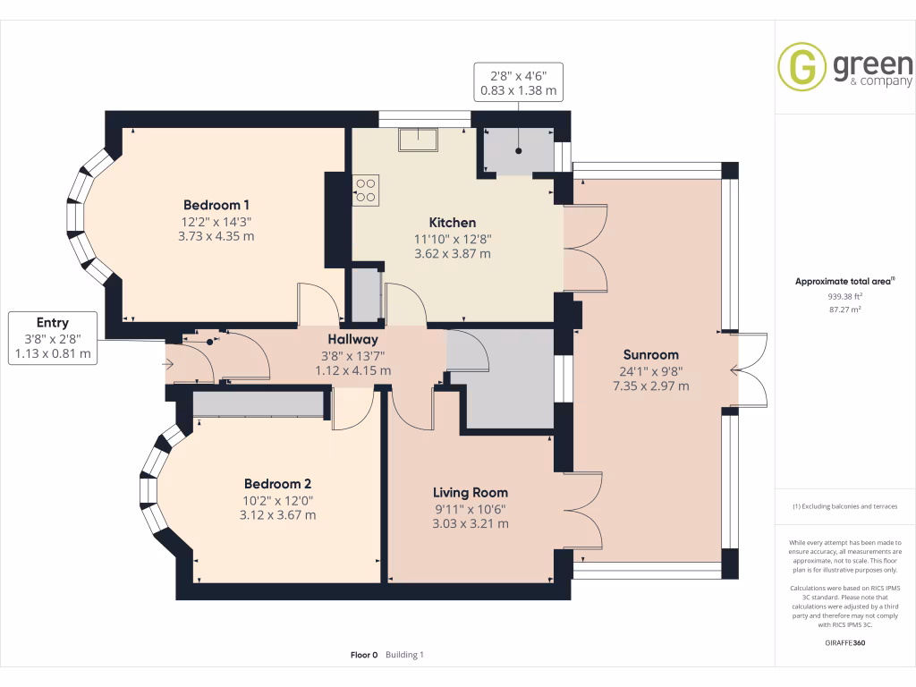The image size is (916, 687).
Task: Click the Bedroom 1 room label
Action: [x=216, y=204]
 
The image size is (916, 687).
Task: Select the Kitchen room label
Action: [x=453, y=222]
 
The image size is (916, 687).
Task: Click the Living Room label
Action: [x=471, y=492]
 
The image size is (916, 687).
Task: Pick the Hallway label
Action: [x=352, y=339]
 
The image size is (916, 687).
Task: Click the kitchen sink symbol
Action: [x=418, y=140]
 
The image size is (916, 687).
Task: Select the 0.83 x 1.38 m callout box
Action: [x=519, y=81]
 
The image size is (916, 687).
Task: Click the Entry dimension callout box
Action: [x=53, y=338]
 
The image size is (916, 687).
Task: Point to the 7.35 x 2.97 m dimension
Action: [x=650, y=386]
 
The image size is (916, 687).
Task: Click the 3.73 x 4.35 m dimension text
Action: [x=216, y=236]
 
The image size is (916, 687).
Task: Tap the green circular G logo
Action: [x=801, y=67]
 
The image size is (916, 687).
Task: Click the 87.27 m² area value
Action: [x=844, y=310]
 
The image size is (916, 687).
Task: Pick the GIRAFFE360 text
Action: [x=844, y=642]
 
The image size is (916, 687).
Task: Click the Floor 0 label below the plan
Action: [x=364, y=655]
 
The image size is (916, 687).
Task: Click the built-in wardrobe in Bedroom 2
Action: [x=258, y=404]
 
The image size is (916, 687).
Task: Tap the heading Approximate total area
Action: [x=844, y=281]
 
